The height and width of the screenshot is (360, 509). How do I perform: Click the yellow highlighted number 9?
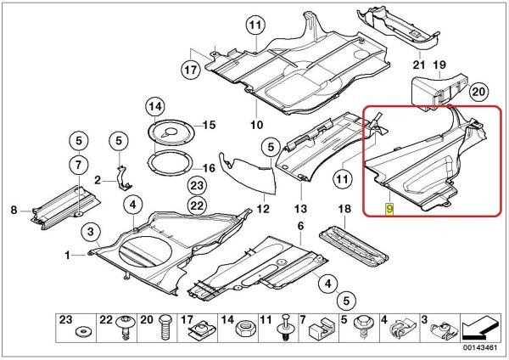(x=389, y=208)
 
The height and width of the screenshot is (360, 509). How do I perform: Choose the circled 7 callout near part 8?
(x=77, y=164)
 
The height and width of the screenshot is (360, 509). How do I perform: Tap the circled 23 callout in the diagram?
(x=197, y=186)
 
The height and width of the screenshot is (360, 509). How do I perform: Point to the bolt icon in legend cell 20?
(x=165, y=329)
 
